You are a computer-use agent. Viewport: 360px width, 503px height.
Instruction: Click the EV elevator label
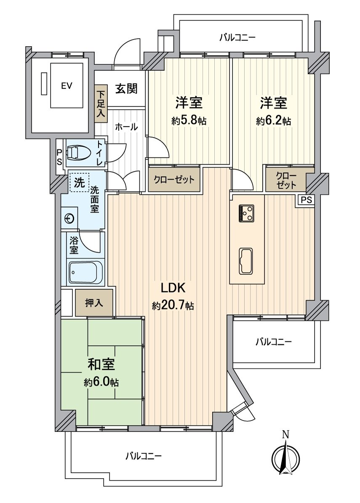point(67,85)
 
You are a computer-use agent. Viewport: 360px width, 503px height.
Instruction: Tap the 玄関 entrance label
point(126,88)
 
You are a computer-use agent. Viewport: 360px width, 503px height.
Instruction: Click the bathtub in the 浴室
point(85,272)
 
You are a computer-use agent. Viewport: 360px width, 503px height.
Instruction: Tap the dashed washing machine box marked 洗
point(79,183)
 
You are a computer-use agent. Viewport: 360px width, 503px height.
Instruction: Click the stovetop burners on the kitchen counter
point(246,213)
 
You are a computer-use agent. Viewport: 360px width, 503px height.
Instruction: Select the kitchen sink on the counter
point(246,261)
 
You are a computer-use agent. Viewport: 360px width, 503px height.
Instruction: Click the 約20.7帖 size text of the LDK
point(173,306)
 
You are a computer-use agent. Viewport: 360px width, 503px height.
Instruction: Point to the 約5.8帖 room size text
point(189,121)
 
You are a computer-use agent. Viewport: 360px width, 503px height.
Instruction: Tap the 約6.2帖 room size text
point(273,121)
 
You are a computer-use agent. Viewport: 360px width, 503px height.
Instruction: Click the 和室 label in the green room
point(101,365)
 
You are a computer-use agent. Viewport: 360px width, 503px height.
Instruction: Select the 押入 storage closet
point(94,303)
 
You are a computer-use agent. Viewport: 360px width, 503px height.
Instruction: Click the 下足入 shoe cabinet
point(101,103)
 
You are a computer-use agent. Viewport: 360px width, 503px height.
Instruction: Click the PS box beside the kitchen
point(307,200)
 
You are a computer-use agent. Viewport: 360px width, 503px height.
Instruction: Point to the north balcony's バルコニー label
point(237,38)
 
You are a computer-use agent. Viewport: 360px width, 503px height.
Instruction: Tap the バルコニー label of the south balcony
point(144,455)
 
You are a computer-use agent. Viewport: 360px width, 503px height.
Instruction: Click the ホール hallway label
point(126,127)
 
